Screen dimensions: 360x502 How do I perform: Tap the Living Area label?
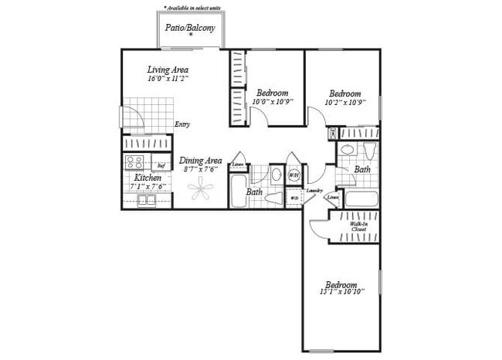click(168, 70)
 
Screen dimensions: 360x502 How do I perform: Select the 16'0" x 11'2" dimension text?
click(168, 79)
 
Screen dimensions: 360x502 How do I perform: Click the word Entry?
click(182, 124)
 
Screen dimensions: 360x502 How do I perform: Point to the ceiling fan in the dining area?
click(201, 188)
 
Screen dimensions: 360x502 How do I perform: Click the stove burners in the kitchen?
click(135, 163)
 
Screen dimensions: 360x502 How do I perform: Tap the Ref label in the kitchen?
click(161, 165)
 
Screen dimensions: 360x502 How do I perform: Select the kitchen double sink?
click(147, 201)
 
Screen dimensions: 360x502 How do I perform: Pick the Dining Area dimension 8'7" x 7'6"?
click(200, 169)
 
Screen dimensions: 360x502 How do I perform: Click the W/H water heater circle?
click(293, 175)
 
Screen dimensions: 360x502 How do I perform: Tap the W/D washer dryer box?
click(293, 198)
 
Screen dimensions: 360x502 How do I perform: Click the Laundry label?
click(314, 189)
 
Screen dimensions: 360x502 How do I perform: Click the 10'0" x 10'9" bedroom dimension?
click(273, 101)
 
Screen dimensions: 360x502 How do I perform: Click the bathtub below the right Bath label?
click(361, 199)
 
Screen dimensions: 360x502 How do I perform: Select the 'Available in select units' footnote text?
click(192, 7)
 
